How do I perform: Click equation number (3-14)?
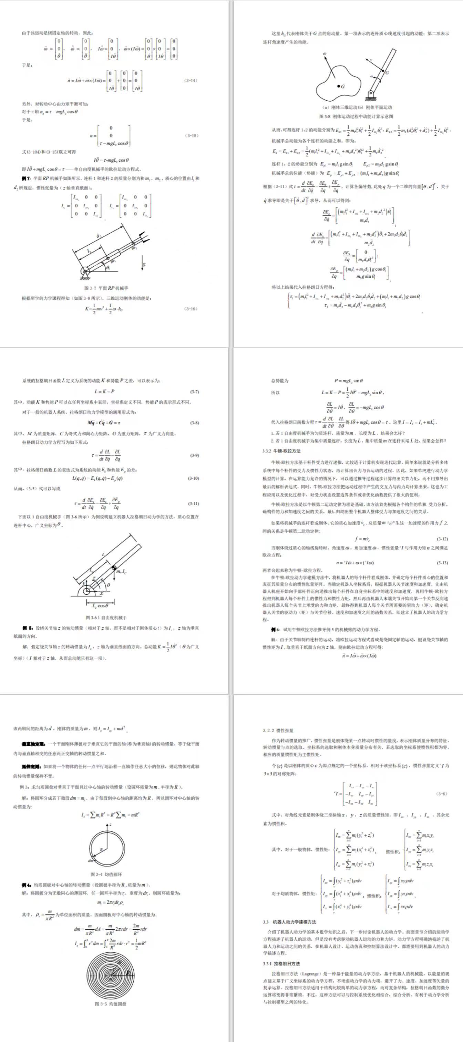point(191,81)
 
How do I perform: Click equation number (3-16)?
point(191,309)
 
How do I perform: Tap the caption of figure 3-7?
point(106,288)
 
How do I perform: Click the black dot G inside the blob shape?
point(338,86)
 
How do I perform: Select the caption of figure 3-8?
point(356,116)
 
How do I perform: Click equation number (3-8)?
point(195,423)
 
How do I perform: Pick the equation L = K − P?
point(104,391)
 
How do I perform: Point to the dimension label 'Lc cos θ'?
point(100,605)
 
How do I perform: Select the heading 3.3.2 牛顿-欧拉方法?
point(281,451)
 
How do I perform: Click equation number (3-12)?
point(442,539)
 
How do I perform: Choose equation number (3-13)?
point(442,563)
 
